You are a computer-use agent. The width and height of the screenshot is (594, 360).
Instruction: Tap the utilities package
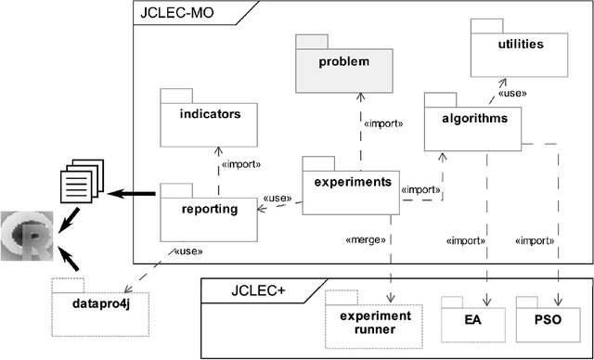click(x=520, y=45)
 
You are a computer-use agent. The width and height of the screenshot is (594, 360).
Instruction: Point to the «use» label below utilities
click(x=513, y=93)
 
